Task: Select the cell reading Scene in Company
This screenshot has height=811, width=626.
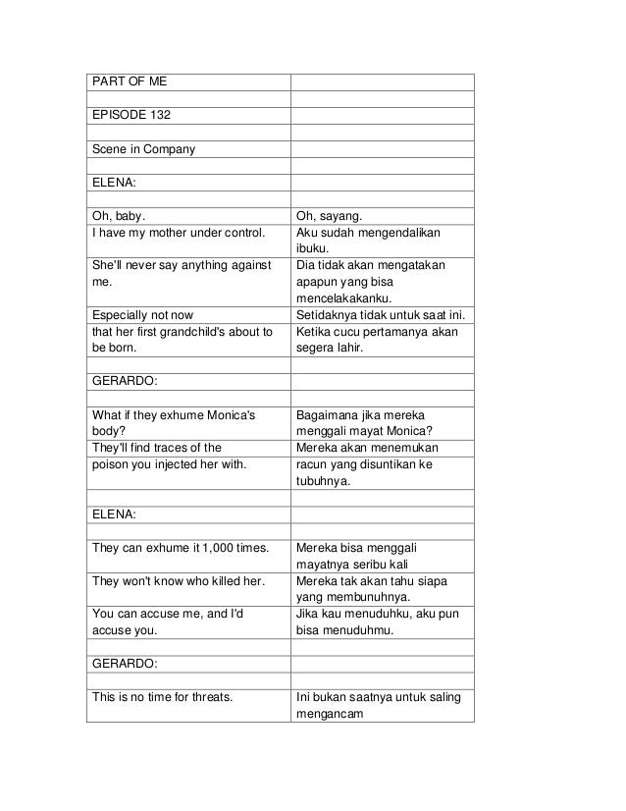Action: point(143,149)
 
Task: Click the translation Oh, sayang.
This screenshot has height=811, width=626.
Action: point(330,216)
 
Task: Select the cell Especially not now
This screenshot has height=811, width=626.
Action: point(142,315)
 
